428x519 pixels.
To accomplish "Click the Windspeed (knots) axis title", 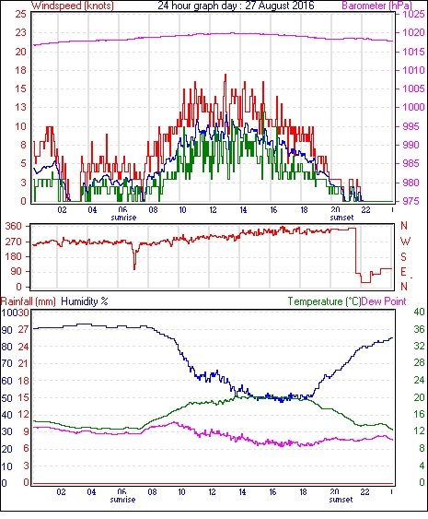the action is pos(73,6).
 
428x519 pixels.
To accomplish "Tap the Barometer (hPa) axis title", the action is pos(376,6).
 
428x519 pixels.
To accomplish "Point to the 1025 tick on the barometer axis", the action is pos(413,14).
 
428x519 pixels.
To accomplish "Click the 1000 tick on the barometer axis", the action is pos(413,107).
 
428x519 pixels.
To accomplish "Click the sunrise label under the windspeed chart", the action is pos(123,218).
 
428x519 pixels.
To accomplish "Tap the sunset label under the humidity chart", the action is pos(341,499).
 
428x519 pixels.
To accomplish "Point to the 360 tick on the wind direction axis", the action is pos(14,227).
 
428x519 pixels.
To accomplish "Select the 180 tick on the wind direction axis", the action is pos(14,256).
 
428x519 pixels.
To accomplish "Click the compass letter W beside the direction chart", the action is pos(405,242).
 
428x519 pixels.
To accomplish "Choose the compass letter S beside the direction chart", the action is pos(403,256).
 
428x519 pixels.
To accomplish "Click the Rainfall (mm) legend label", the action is pos(29,301).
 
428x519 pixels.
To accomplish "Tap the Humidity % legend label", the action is pos(85,301).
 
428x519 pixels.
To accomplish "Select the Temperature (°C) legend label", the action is pos(324,301).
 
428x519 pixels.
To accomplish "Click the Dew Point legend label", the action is pos(384,301).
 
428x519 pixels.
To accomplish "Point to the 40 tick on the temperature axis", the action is pos(420,313).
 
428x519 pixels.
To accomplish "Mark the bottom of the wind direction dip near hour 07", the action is pos(134,269).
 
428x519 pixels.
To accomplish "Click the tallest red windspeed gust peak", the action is pos(226,75).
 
